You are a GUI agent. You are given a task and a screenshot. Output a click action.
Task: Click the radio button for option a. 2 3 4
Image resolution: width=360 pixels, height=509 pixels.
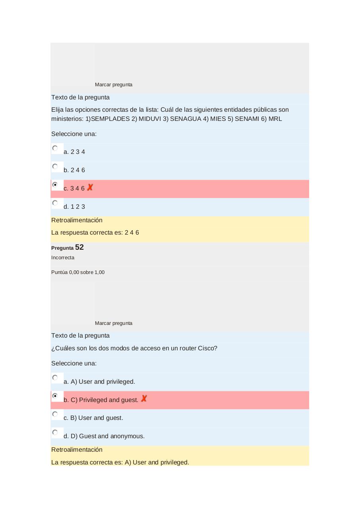tap(55, 148)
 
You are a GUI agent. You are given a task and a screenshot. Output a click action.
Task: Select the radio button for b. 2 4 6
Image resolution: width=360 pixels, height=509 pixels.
tap(55, 167)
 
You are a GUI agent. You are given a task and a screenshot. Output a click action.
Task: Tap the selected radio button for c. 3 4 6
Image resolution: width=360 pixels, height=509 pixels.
tap(55, 185)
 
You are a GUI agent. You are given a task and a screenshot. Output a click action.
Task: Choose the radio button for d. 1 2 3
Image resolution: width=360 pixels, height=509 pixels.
tap(55, 203)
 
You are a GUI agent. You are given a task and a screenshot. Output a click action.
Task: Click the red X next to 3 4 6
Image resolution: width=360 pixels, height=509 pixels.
tap(90, 187)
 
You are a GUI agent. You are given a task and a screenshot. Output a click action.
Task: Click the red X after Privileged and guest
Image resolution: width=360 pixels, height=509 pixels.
tap(144, 398)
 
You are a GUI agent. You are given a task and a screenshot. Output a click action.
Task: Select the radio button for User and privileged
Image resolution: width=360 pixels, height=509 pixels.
tap(55, 378)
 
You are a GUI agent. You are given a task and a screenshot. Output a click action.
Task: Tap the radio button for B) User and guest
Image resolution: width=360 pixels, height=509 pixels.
tap(55, 414)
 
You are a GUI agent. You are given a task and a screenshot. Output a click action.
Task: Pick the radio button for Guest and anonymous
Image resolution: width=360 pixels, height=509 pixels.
tap(55, 433)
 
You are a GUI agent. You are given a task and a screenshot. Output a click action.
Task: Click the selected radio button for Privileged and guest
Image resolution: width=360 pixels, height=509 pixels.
tap(55, 396)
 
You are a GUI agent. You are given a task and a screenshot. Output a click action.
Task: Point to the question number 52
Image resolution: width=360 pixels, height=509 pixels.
tap(79, 247)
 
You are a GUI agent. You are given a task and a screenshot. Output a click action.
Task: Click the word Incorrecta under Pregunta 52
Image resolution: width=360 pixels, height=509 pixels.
tap(63, 258)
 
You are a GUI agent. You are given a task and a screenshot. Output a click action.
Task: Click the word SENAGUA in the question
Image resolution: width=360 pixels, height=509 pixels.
tap(186, 119)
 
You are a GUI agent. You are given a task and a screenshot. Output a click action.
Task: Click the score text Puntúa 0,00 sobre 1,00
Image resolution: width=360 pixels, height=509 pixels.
tap(78, 272)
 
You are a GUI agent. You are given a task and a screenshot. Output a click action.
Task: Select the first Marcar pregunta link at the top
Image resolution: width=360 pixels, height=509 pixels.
tap(114, 85)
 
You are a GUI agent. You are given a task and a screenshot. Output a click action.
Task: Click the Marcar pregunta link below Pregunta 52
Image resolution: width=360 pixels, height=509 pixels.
tap(114, 323)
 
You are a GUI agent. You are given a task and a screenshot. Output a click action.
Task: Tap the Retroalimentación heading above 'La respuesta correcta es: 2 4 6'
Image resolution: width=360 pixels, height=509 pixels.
tap(77, 220)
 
